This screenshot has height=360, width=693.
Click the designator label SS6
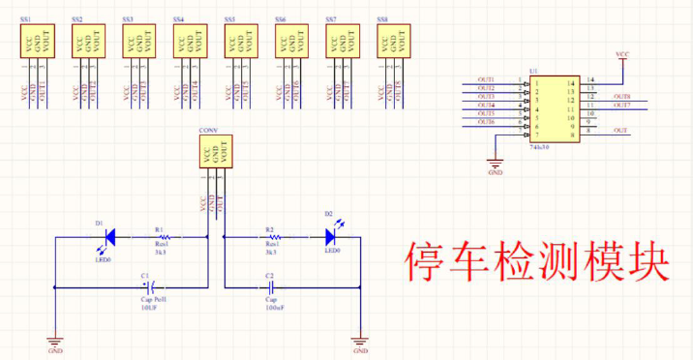click(281, 19)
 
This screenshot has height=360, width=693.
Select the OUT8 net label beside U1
click(621, 97)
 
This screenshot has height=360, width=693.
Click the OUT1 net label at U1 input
click(486, 79)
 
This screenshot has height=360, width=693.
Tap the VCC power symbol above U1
click(623, 54)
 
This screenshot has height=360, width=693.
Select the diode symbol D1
click(109, 235)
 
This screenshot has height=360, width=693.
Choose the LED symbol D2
click(329, 235)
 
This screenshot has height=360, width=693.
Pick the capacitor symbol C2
click(272, 287)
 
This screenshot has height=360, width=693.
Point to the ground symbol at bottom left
click(54, 342)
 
